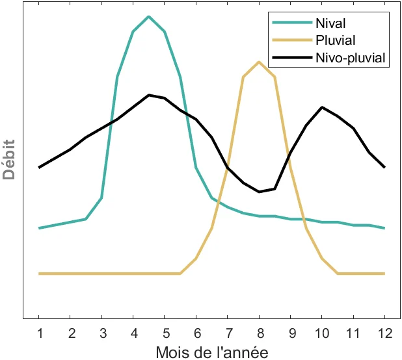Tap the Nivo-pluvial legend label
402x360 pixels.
(351, 58)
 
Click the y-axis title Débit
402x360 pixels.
(9, 159)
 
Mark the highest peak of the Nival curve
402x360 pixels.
(149, 16)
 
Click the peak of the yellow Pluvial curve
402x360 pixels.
(259, 62)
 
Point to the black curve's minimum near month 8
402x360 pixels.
(259, 192)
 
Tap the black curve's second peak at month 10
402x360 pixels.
(322, 107)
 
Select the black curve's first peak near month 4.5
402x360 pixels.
(149, 95)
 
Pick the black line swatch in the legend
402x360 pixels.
(290, 58)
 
